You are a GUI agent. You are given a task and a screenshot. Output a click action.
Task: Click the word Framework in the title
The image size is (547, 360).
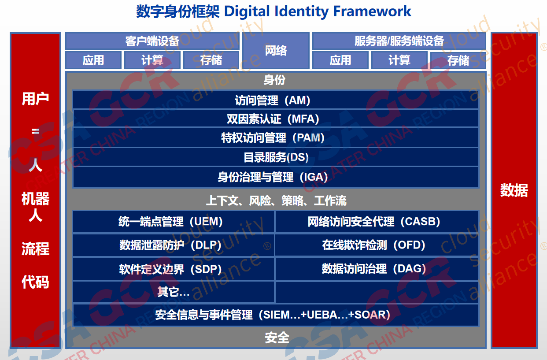point(372,11)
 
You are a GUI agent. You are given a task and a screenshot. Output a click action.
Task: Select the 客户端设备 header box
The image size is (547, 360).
point(152,41)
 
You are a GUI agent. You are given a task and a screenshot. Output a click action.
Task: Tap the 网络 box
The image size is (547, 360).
point(276,51)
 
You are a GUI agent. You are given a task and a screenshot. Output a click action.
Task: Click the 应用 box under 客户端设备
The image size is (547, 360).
point(93,60)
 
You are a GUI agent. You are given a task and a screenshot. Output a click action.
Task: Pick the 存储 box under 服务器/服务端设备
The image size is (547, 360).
point(458,60)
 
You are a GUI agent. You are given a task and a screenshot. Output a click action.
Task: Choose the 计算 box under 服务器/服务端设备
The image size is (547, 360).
point(399,60)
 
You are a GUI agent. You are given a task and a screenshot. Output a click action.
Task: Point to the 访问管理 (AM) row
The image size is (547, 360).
point(276,100)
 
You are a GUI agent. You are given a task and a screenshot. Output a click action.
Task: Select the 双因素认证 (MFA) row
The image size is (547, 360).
point(276,119)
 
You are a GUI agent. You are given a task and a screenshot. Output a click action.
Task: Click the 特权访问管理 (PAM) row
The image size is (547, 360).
point(276,137)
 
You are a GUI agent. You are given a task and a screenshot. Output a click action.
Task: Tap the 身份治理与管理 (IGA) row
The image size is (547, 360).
point(276,177)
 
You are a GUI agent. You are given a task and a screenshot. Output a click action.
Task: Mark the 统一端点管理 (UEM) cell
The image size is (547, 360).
point(174,222)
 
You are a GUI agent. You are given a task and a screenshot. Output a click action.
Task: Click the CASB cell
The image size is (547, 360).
point(377,222)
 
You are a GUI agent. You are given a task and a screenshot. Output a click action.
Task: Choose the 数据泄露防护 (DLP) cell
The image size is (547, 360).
point(174,245)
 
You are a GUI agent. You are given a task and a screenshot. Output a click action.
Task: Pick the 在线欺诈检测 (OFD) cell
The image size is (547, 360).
point(377,245)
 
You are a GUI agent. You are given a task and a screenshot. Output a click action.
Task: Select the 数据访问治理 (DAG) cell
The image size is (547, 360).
point(377,269)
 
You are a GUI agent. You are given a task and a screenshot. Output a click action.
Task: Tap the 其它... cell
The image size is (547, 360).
point(174,292)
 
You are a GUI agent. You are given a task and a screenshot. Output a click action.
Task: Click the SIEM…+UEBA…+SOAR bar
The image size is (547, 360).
point(276,315)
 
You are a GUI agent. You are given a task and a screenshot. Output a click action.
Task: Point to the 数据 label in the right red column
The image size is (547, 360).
point(514,190)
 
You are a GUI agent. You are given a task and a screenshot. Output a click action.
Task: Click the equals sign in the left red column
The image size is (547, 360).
point(35,131)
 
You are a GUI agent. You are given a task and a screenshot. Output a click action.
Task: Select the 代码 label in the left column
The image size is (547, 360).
point(35,282)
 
